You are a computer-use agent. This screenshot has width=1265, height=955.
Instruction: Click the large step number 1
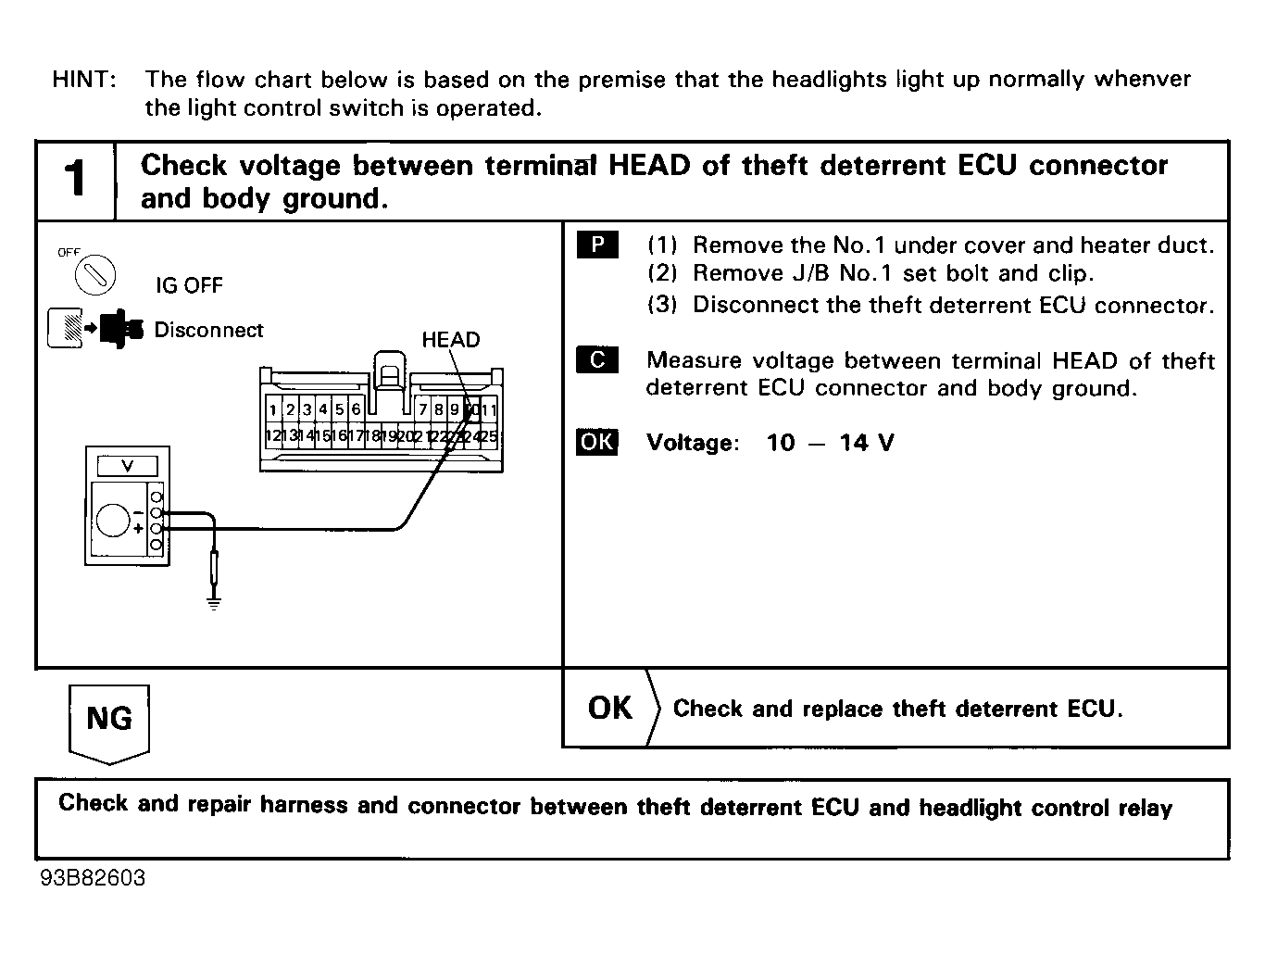coord(76,180)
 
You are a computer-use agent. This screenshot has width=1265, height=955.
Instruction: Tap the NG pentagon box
coord(109,720)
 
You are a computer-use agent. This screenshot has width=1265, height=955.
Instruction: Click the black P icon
coord(597,245)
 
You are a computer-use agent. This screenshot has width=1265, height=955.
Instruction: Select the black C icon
coord(597,360)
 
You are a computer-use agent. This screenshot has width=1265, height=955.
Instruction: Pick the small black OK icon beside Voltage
coord(597,442)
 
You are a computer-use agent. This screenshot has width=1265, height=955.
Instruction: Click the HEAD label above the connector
coord(451,340)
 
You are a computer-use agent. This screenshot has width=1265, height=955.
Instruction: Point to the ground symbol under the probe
coord(214,604)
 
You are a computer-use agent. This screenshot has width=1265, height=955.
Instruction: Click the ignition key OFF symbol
coord(94,273)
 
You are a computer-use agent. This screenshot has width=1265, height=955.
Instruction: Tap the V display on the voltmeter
coord(128,466)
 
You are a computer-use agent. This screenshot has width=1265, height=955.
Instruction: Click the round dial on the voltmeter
coord(113,521)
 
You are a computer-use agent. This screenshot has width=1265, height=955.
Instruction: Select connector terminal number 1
coord(273,409)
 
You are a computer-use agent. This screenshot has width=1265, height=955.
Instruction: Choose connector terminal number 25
coord(489,435)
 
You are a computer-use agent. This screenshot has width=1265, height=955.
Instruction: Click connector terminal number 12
coord(273,435)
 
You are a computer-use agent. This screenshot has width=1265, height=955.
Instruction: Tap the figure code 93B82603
coord(93,878)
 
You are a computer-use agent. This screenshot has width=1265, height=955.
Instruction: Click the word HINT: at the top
coord(84,80)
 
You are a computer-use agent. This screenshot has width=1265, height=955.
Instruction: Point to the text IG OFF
coord(189,285)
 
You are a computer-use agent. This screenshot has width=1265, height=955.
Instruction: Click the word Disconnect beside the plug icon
coord(208,331)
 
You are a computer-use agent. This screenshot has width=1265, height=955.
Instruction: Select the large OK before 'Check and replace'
coord(610,709)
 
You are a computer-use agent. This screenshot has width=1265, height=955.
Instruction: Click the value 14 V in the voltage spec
coord(867,443)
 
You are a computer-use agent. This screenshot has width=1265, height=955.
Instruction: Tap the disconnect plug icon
coord(95,329)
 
